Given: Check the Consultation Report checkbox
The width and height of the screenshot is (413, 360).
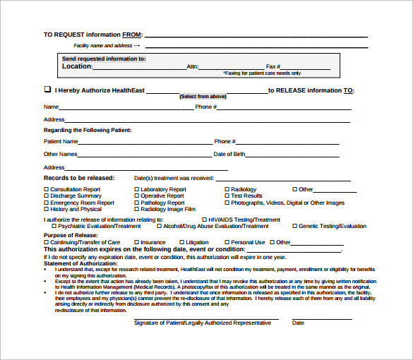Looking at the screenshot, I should (x=47, y=189).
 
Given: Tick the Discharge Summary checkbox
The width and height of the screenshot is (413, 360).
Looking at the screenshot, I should (x=47, y=196).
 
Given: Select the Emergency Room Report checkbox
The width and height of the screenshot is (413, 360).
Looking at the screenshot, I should (x=47, y=203).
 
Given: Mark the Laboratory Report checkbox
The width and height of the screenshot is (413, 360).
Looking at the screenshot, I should (x=137, y=189).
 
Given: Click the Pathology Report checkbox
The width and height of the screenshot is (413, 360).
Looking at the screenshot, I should (x=137, y=203).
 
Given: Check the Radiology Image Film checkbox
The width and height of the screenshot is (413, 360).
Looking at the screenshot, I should (x=137, y=209).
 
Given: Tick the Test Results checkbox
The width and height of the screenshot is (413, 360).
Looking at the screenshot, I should (x=227, y=196).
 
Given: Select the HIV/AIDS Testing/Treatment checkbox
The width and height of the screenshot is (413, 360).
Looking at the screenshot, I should (x=204, y=220).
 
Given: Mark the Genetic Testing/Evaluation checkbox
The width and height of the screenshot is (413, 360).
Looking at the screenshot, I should (x=294, y=227).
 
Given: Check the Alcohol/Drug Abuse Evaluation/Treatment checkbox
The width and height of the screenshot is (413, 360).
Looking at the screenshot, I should (x=159, y=227).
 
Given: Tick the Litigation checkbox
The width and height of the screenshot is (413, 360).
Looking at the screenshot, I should (x=186, y=242).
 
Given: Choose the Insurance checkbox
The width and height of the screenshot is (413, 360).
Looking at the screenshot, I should (x=137, y=242).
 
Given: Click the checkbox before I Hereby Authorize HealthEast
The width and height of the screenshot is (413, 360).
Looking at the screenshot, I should (x=47, y=90).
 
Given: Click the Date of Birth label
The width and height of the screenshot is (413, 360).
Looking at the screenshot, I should (x=229, y=154).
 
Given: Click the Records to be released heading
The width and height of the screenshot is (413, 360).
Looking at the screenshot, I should (x=79, y=178).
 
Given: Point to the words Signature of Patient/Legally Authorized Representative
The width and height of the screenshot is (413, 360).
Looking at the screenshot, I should (x=203, y=323).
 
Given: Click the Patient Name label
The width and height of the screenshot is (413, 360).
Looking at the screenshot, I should (x=61, y=141).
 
